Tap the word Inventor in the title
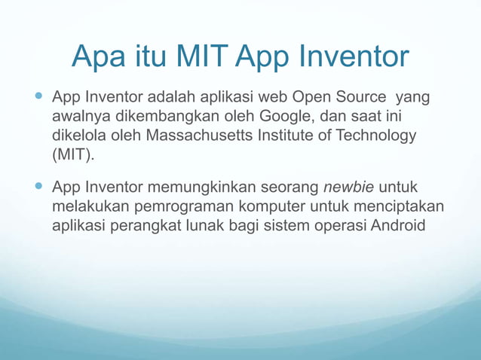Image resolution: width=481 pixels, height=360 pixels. coord(355,56)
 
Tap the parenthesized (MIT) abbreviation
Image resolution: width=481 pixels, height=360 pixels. coord(74,156)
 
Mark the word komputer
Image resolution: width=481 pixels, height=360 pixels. coord(282,206)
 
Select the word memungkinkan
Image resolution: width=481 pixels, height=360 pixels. coord(198,187)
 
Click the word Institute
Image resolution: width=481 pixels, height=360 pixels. coord(282,136)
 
